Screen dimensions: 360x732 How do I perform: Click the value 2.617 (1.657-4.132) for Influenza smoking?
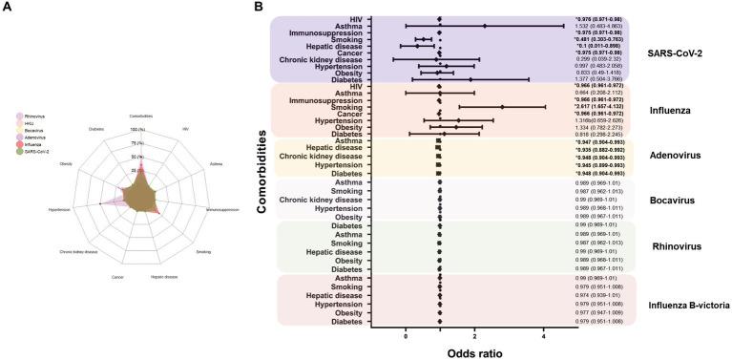600,107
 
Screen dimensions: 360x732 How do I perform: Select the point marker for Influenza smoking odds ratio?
496,107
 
